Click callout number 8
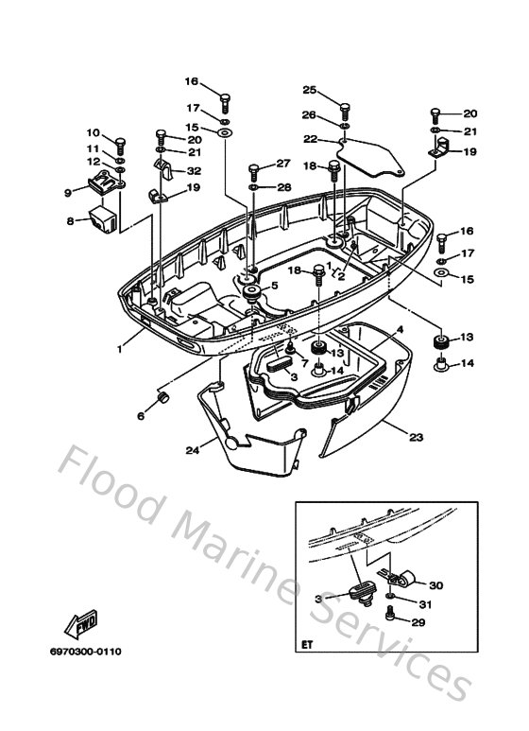pos(70,221)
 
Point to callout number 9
pos(68,192)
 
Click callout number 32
pos(194,171)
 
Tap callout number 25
pos(309,90)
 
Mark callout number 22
pos(309,139)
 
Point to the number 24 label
pos(193,450)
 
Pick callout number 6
pos(141,414)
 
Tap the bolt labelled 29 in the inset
pos(390,617)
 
